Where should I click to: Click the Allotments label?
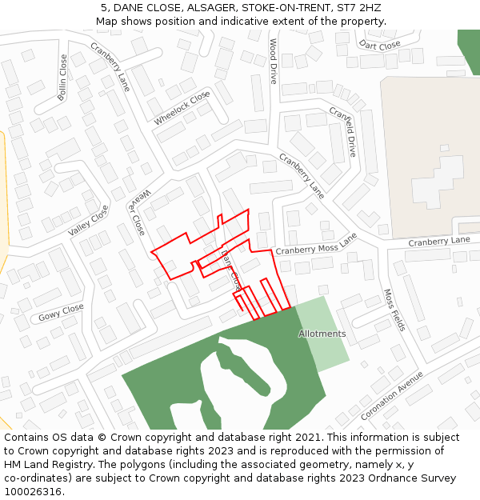pos(322,334)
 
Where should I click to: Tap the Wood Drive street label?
pos(273,62)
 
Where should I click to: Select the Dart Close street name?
pos(379,46)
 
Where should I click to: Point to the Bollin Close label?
pos(63,77)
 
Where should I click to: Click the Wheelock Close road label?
pos(182,107)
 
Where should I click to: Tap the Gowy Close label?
pos(61,312)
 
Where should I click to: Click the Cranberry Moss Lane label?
pos(316,245)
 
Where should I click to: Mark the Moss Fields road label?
pos(394,310)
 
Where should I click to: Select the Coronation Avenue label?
pos(391,395)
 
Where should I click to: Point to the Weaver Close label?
pos(135,212)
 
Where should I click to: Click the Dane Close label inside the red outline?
pos(230,270)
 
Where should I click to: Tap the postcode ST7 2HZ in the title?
pos(359,8)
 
